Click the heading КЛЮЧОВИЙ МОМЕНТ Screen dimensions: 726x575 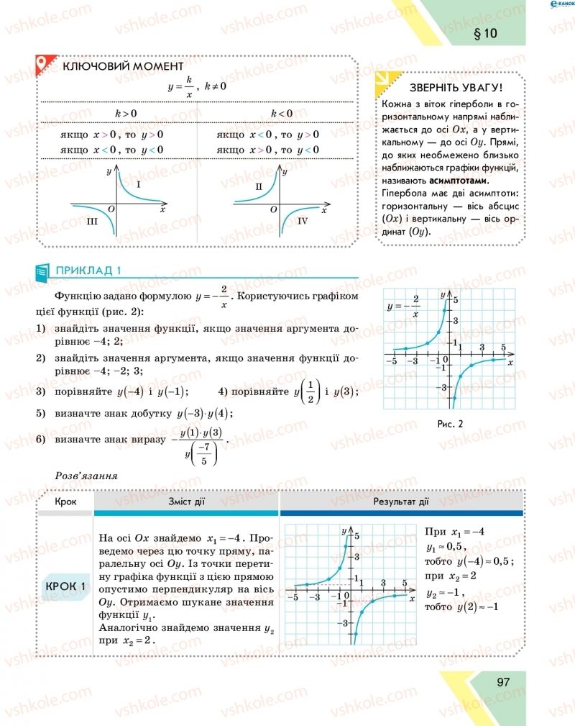click(x=123, y=66)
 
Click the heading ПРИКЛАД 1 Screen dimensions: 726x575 click(x=88, y=271)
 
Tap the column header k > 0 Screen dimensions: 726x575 click(x=126, y=114)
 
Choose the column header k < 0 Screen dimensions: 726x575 click(x=281, y=114)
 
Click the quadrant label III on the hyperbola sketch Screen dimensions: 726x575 click(x=92, y=222)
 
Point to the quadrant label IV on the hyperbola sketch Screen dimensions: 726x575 click(x=302, y=222)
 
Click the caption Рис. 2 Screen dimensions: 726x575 click(x=450, y=423)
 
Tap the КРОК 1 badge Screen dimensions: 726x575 click(x=65, y=586)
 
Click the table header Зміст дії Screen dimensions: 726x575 click(x=186, y=502)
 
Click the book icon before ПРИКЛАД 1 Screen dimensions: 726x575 click(x=42, y=271)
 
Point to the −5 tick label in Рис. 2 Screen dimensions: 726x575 click(x=391, y=360)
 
